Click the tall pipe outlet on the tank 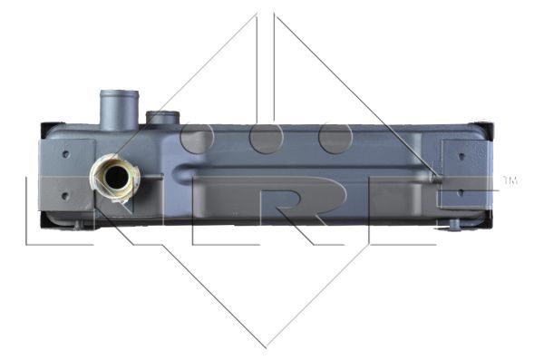(120, 110)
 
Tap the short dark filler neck (162, 117)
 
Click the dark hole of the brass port (117, 177)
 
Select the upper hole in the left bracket (66, 154)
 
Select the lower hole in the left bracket (65, 196)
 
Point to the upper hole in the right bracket (461, 156)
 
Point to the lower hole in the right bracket (461, 192)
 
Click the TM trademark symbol (510, 180)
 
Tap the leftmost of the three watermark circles (197, 138)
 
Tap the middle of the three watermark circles (266, 138)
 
